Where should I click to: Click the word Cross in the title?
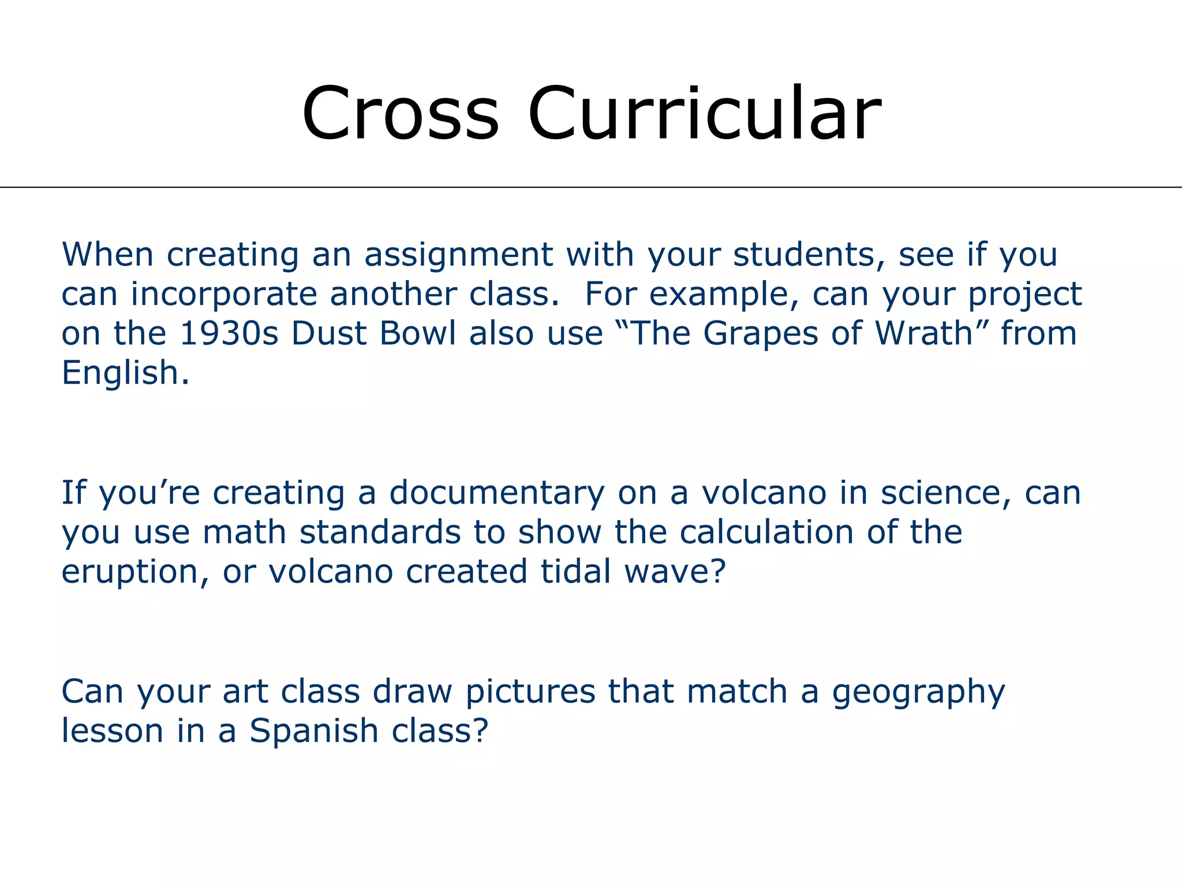pyautogui.click(x=400, y=113)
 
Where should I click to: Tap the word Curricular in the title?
pyautogui.click(x=704, y=113)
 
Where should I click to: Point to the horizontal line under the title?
pyautogui.click(x=591, y=187)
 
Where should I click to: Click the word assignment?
pyautogui.click(x=458, y=255)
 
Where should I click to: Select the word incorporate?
pyautogui.click(x=224, y=295)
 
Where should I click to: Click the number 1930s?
pyautogui.click(x=229, y=334)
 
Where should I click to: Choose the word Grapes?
pyautogui.click(x=760, y=334)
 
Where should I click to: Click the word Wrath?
pyautogui.click(x=925, y=334)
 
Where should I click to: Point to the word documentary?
pyautogui.click(x=497, y=494)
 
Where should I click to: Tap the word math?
pyautogui.click(x=244, y=532)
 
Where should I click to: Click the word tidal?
pyautogui.click(x=575, y=572)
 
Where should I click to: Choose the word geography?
pyautogui.click(x=918, y=692)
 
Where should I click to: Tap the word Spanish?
pyautogui.click(x=314, y=732)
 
